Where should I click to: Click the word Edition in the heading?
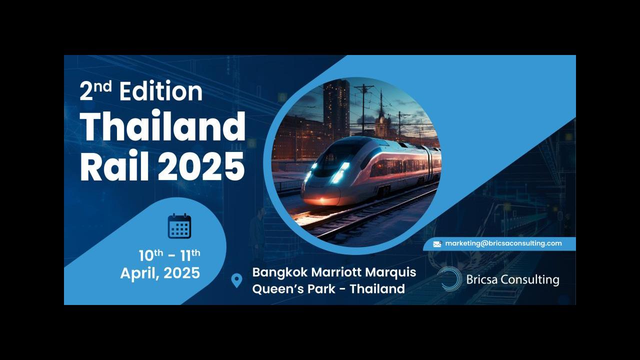161,91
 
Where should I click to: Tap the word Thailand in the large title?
162,126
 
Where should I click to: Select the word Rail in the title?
114,166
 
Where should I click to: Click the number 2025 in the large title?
201,166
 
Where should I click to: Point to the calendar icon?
179,225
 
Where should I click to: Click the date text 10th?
151,255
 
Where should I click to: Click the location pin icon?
236,280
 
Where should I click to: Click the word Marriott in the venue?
336,272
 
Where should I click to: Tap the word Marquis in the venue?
390,272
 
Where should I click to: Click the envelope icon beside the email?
437,244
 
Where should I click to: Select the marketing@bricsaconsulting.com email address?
503,243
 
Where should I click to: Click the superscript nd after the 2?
103,86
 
